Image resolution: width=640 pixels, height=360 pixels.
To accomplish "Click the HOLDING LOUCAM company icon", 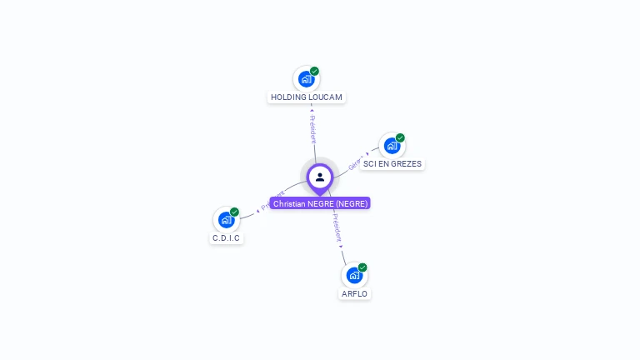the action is (306, 79).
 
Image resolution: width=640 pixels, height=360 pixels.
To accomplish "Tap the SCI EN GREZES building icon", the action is (392, 146).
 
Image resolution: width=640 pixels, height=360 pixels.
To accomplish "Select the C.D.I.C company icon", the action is (225, 220).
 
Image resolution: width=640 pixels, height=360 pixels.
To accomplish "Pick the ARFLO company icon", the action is (354, 275).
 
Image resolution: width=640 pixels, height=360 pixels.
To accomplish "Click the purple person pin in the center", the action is (320, 177).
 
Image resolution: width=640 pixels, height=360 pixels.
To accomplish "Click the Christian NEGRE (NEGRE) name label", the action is (320, 203).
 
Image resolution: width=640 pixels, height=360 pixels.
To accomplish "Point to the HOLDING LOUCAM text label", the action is (307, 97).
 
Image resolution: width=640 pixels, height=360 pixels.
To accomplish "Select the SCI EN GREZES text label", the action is (392, 164).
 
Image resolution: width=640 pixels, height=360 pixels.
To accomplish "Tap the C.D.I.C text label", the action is (226, 238).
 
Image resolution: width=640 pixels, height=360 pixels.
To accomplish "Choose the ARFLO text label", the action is (354, 294).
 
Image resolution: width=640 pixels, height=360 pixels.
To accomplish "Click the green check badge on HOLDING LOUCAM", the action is (315, 71).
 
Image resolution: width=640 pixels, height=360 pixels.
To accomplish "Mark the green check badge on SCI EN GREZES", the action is (400, 137).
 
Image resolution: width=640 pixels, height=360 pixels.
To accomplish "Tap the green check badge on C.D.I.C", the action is (234, 212).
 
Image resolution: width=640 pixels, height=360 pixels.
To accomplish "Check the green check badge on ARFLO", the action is (362, 267).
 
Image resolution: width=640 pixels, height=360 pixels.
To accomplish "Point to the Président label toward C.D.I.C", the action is (272, 201).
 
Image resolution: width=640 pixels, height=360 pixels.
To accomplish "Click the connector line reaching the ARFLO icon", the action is (343, 256).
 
